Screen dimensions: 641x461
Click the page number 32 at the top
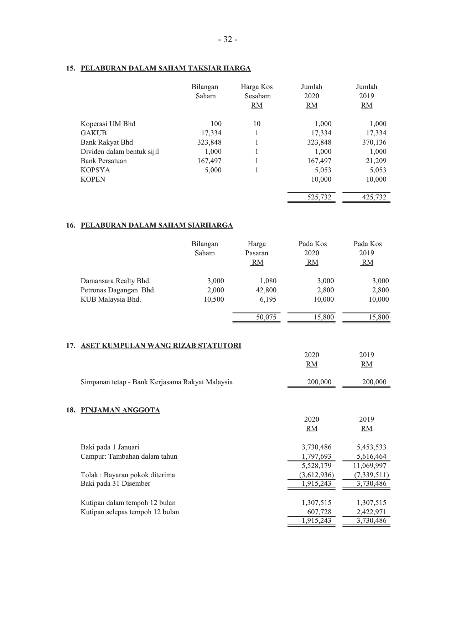click(x=228, y=40)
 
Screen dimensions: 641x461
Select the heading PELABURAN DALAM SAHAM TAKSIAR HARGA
click(x=166, y=68)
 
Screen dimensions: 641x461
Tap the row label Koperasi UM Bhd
click(x=108, y=124)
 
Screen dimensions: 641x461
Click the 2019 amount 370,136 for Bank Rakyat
click(x=374, y=142)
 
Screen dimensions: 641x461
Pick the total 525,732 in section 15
click(x=319, y=197)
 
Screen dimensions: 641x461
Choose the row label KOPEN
click(x=93, y=179)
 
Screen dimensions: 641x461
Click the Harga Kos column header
click(x=257, y=87)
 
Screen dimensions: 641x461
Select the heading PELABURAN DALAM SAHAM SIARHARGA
click(x=157, y=225)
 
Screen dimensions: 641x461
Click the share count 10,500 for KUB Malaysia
click(x=214, y=299)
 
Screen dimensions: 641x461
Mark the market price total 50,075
click(x=266, y=317)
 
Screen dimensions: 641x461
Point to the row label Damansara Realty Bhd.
click(x=115, y=281)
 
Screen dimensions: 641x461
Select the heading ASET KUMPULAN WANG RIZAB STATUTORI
click(x=161, y=346)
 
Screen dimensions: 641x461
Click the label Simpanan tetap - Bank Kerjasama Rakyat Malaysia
click(x=156, y=382)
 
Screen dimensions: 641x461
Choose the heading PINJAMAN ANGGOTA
click(x=120, y=410)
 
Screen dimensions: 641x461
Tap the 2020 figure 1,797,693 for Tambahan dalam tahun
click(x=316, y=457)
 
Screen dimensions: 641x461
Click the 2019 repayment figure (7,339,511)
click(x=371, y=475)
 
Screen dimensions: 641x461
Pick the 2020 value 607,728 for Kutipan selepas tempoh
click(x=319, y=512)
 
